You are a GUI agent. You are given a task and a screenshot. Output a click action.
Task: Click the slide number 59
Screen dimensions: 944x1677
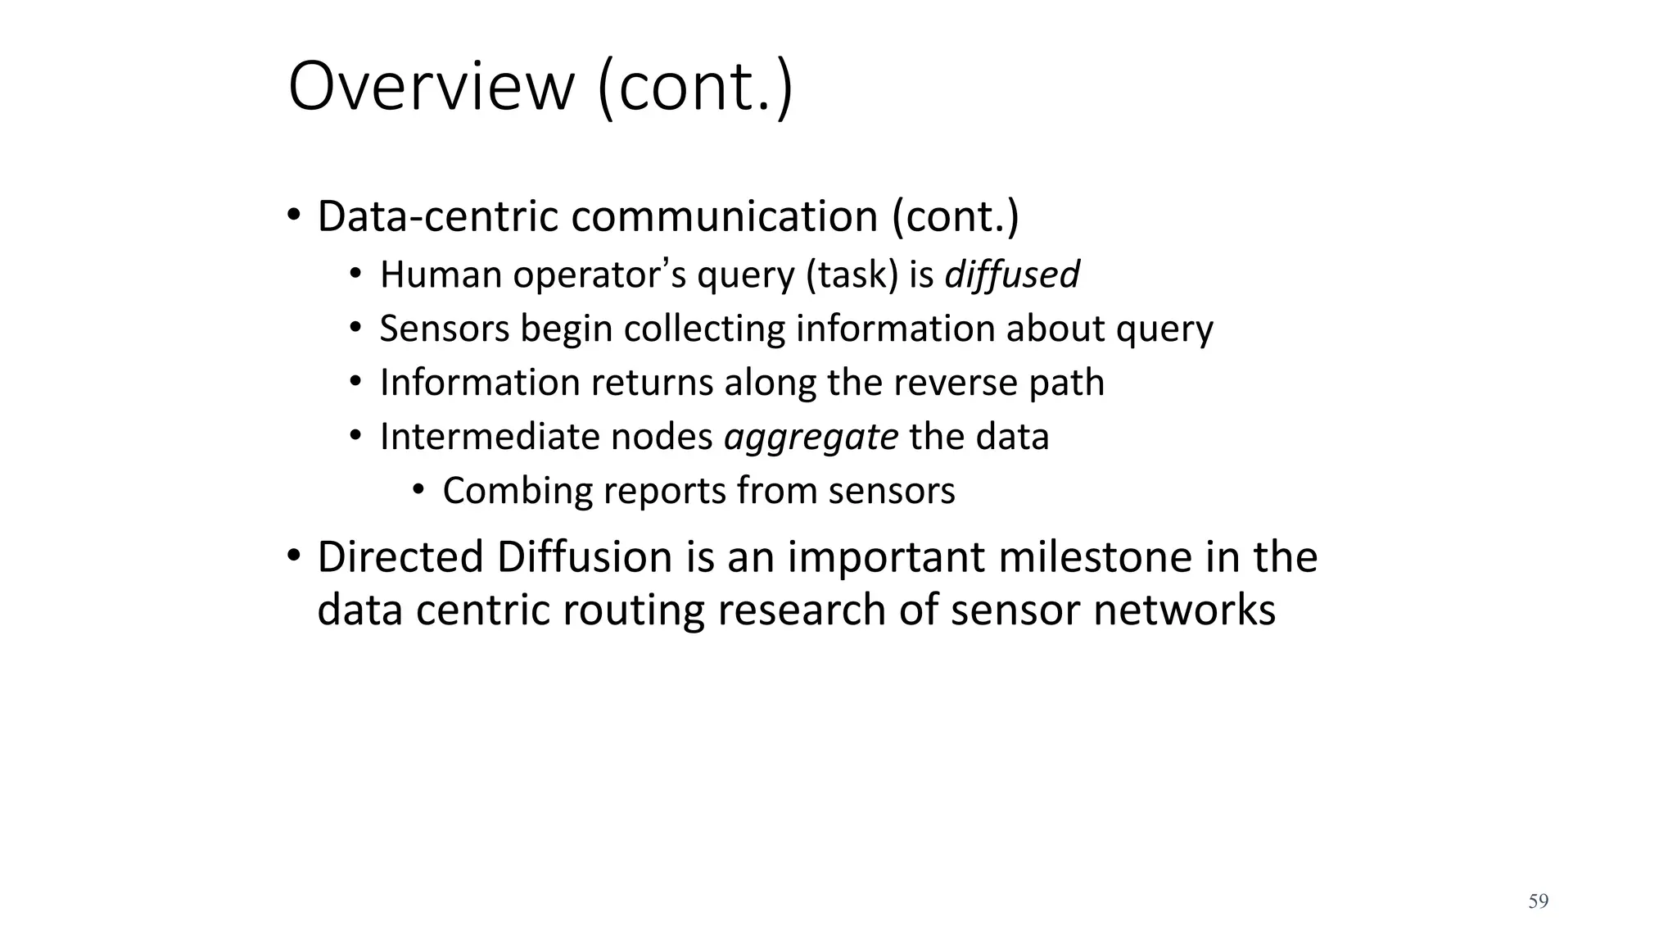pyautogui.click(x=1538, y=901)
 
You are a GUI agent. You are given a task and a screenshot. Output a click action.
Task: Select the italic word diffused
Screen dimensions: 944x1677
pyautogui.click(x=1012, y=275)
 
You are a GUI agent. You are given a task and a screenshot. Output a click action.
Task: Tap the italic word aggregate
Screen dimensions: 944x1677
pyautogui.click(x=811, y=437)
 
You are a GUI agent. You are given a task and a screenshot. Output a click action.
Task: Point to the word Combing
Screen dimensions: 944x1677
pyautogui.click(x=518, y=491)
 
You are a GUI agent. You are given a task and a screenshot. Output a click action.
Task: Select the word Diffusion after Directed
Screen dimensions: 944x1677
pyautogui.click(x=584, y=557)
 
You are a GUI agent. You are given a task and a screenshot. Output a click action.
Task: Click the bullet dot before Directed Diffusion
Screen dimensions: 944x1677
pyautogui.click(x=294, y=556)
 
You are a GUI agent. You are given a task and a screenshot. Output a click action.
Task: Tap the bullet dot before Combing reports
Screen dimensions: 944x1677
pyautogui.click(x=418, y=490)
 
